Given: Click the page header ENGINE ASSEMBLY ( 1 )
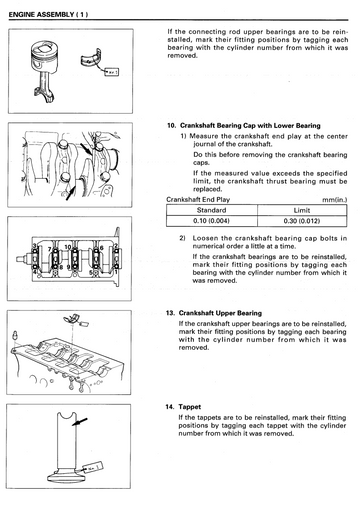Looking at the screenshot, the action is (x=48, y=14).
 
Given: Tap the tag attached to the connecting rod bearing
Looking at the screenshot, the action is (x=111, y=72).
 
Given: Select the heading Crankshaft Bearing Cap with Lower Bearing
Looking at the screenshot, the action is (x=250, y=126).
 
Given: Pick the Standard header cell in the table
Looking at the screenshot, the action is (x=212, y=210).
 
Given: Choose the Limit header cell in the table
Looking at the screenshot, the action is (x=302, y=210).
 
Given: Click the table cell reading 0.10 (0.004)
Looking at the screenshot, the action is (x=212, y=221).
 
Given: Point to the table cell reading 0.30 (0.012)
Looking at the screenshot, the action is (x=302, y=221).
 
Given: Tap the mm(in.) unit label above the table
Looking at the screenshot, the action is (x=334, y=200).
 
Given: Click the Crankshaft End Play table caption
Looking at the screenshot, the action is (x=198, y=200).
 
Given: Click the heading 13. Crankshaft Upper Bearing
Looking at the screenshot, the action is (x=214, y=313).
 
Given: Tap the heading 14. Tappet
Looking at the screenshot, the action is (x=183, y=407).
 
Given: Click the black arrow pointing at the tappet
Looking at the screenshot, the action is (x=80, y=422).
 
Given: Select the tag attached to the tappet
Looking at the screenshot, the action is (x=93, y=467).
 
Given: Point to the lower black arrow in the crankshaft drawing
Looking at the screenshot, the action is (x=70, y=193).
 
